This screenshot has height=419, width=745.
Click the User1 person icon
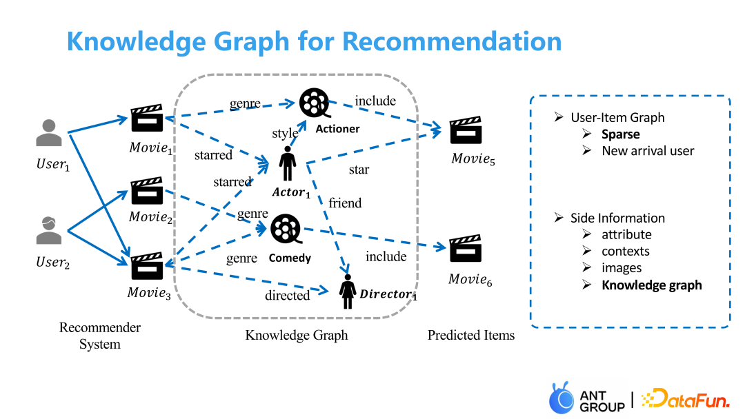(x=49, y=133)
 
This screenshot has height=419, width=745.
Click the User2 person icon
(x=49, y=230)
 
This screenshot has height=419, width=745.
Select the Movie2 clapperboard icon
(x=146, y=192)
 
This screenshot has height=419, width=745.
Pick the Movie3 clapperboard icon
(x=146, y=267)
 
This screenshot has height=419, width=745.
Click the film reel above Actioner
(x=314, y=102)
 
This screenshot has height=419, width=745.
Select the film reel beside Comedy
(x=285, y=229)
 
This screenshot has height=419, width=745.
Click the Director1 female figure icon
(x=347, y=292)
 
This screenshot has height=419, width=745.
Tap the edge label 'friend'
(x=345, y=203)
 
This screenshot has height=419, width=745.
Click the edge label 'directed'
(x=287, y=296)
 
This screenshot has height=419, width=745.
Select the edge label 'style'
(x=285, y=133)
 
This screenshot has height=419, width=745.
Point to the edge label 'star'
(x=359, y=169)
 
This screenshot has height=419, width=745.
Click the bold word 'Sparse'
(x=620, y=134)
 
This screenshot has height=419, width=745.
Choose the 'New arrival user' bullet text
(x=648, y=151)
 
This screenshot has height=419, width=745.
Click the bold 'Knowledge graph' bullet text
(x=652, y=285)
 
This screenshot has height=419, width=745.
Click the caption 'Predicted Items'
(x=471, y=336)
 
